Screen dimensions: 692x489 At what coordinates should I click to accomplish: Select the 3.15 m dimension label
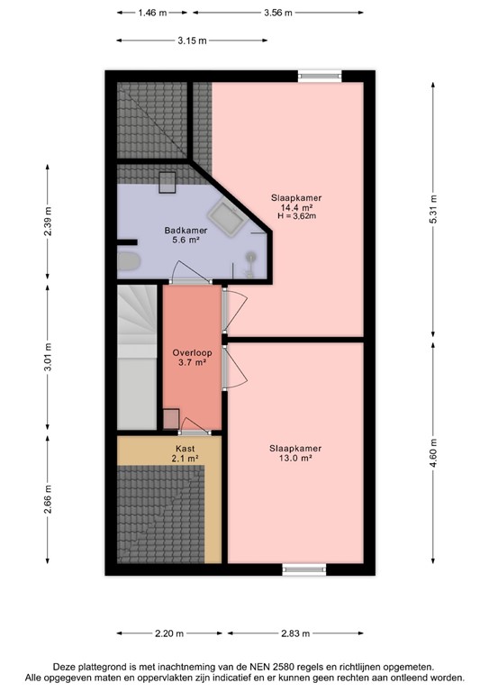coord(190,41)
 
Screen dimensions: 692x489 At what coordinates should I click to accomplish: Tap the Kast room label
coord(186,447)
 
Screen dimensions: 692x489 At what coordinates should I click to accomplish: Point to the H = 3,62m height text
coord(296,217)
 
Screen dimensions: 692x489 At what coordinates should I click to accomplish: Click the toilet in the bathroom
coord(130,263)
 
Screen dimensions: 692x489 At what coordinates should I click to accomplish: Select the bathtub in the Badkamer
coord(225,217)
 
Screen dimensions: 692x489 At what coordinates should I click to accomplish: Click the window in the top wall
coord(321,76)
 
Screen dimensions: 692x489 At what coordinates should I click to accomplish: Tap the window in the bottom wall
coord(303,569)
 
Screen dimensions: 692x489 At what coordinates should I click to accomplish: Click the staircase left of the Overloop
coord(138,356)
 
